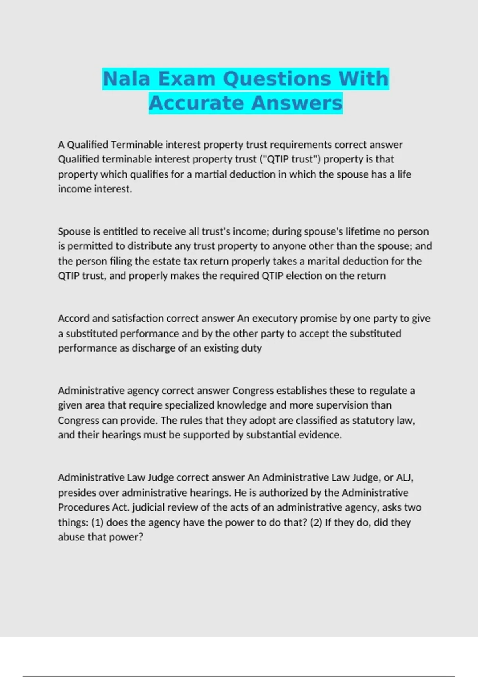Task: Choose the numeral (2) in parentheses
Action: point(316,522)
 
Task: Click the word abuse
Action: point(71,537)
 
